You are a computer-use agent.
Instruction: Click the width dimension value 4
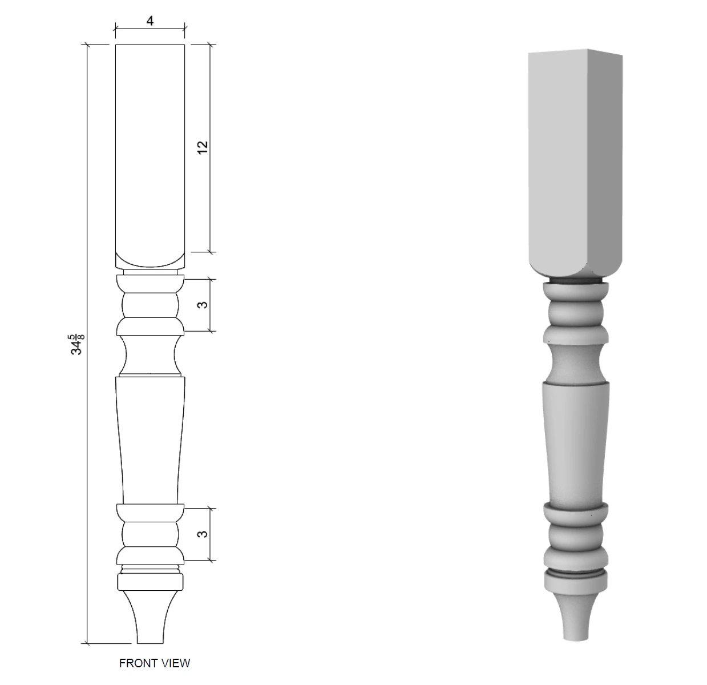point(150,21)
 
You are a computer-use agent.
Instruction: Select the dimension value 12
point(203,147)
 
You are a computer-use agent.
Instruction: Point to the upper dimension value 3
point(203,304)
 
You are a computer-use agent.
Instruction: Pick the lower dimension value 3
point(203,534)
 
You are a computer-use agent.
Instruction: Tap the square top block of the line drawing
point(150,156)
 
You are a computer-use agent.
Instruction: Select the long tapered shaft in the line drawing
point(150,440)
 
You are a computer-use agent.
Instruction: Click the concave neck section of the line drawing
point(150,354)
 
